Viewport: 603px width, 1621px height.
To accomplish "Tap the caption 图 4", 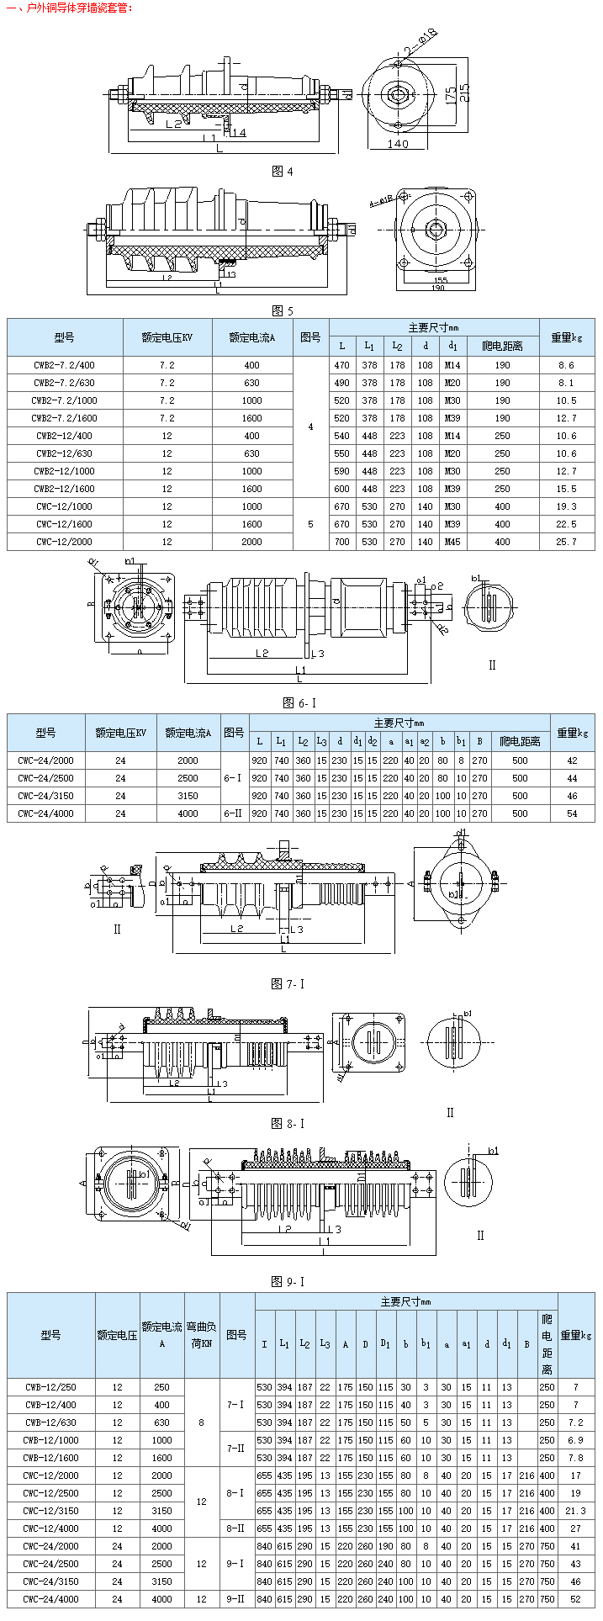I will [283, 172].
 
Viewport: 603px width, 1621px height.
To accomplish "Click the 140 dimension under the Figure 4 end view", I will [398, 144].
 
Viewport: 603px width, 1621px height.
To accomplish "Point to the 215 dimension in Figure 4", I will [464, 91].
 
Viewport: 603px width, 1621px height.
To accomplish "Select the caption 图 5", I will [283, 310].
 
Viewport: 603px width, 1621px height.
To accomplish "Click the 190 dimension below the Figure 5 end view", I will [438, 288].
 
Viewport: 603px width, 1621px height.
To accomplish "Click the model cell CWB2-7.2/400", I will [65, 365].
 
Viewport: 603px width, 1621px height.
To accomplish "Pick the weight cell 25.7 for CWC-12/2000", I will [566, 542].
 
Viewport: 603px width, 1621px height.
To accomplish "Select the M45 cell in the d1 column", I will [452, 542].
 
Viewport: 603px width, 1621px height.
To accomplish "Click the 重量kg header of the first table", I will [566, 337].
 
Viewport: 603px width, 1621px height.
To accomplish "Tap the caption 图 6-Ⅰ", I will [299, 702].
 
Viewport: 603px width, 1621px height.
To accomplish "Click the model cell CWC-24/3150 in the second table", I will [45, 795].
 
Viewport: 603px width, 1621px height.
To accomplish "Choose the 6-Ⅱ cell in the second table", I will [233, 813].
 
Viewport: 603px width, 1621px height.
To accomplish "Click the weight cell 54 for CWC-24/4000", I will [572, 813].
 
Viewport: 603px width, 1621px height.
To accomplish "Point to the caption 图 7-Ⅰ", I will [288, 983].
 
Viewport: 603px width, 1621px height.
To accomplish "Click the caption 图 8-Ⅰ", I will [288, 1123].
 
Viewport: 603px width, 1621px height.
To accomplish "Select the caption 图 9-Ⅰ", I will [288, 1281].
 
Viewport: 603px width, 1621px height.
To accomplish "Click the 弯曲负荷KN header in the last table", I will [200, 1335].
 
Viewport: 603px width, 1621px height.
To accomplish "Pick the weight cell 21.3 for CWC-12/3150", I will [575, 1511].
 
